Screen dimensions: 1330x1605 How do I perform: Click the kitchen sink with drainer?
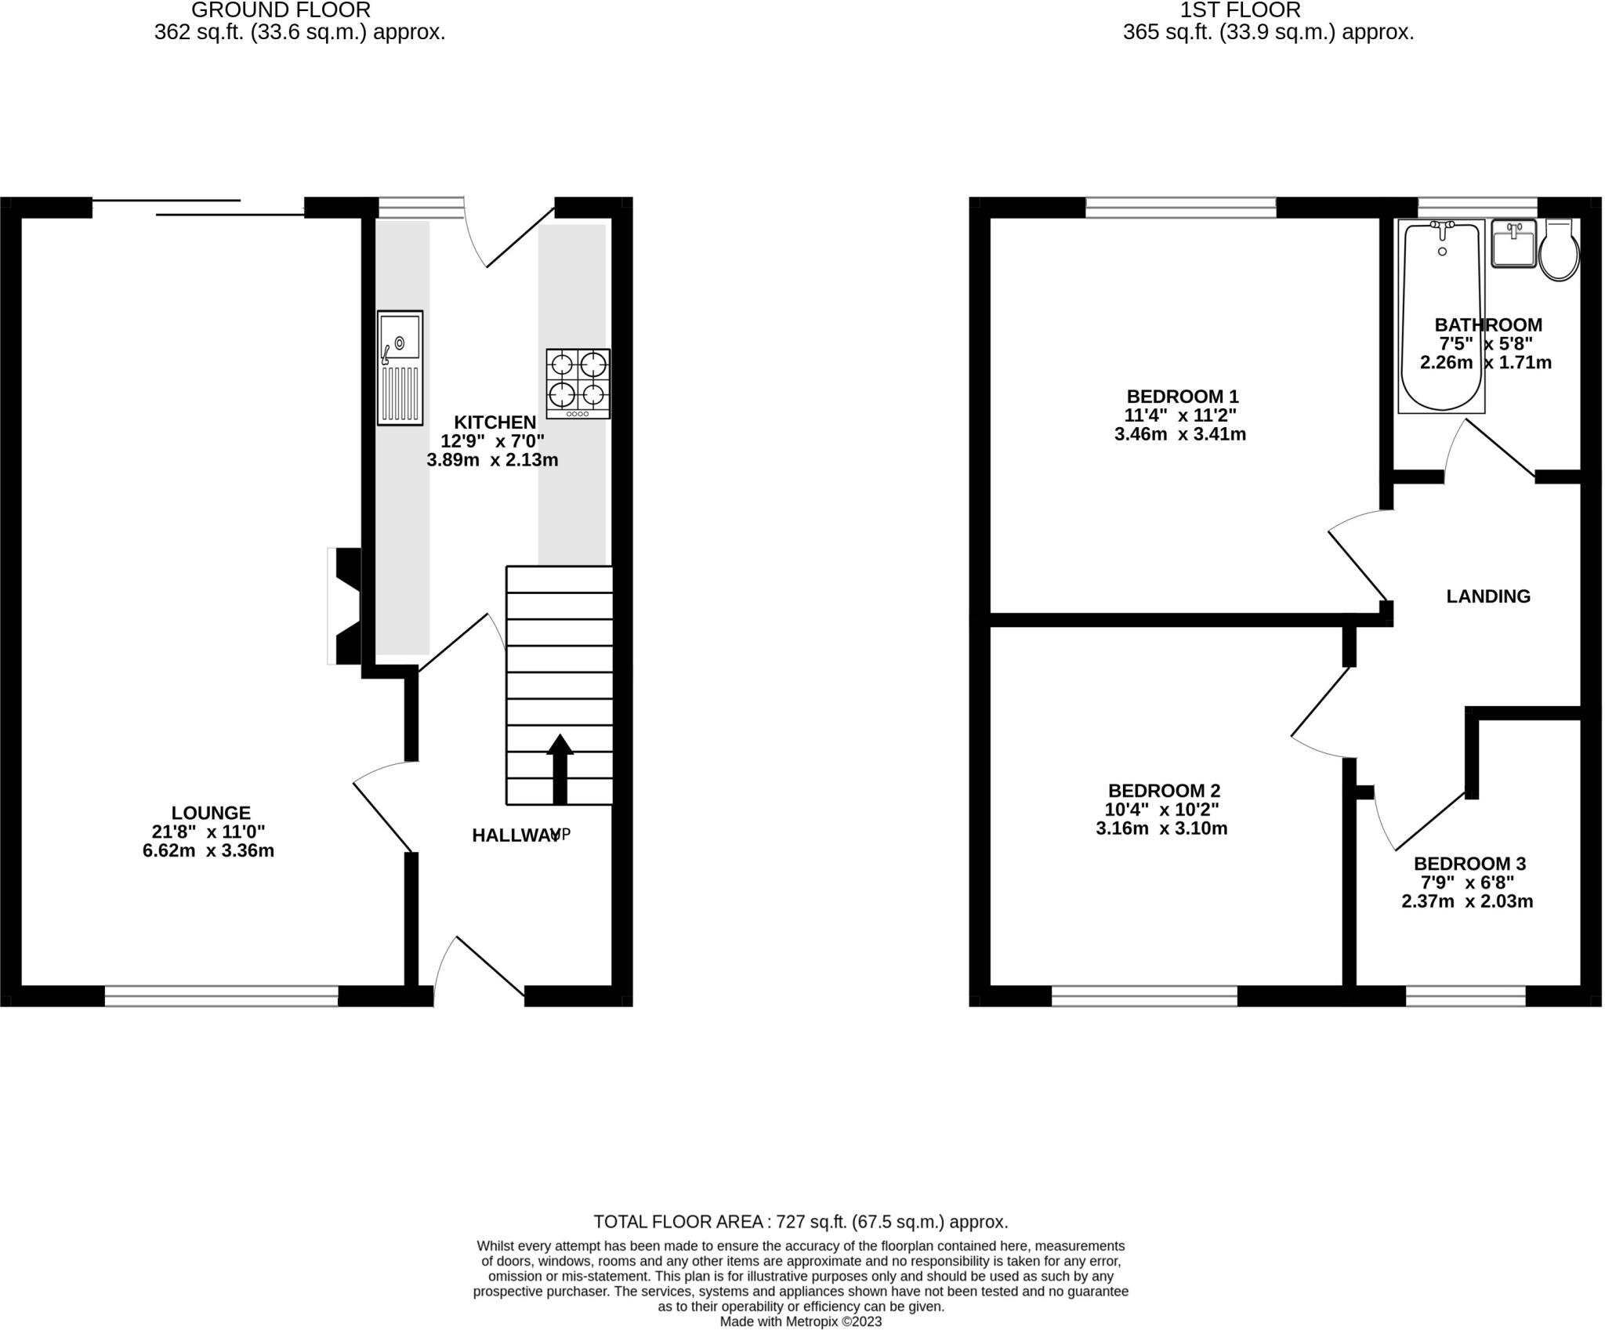[400, 368]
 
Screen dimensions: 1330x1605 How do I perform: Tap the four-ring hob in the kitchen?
[578, 383]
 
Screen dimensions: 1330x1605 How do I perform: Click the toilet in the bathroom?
[1559, 251]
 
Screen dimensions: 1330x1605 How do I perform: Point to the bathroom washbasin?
[1513, 244]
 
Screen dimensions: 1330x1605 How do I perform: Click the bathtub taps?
[1442, 226]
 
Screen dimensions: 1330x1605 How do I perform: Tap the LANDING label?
[1487, 596]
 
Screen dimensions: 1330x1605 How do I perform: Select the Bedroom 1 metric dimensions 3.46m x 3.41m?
[1179, 434]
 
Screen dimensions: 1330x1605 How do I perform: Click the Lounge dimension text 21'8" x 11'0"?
[208, 832]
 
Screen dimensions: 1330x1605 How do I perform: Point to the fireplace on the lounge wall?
[345, 606]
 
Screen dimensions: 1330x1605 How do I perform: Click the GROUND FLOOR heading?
[281, 10]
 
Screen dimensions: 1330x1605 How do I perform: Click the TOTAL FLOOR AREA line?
[800, 1221]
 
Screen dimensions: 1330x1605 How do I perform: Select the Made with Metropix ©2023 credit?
[800, 1321]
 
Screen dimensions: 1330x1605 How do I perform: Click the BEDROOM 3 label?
[1469, 864]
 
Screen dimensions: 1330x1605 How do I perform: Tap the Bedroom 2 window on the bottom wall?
[1144, 996]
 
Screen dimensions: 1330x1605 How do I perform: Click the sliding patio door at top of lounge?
[198, 207]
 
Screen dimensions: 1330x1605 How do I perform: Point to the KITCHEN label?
[495, 422]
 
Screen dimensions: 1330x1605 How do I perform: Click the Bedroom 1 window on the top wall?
[1180, 208]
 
